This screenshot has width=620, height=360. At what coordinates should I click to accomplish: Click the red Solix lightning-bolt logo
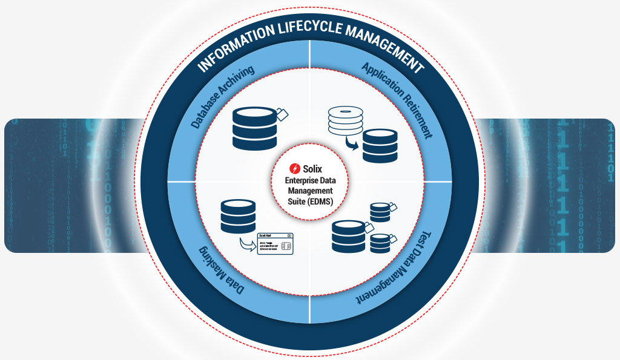coord(295,168)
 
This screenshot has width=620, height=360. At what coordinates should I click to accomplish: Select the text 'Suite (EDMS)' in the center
coord(310,200)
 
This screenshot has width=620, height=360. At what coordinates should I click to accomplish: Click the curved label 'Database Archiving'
coord(222,97)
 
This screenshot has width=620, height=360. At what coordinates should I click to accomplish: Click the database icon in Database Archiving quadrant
coord(252,129)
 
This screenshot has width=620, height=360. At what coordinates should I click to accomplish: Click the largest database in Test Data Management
coord(349,237)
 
